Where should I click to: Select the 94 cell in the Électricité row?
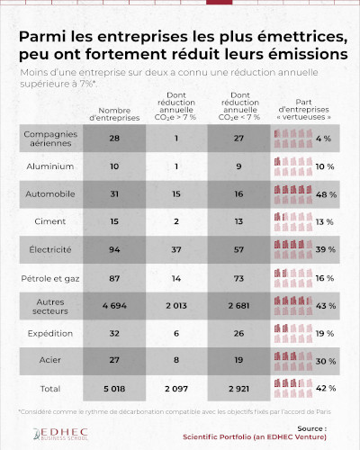click(x=113, y=249)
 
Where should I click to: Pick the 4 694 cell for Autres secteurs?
click(x=113, y=305)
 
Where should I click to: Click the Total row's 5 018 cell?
click(x=113, y=389)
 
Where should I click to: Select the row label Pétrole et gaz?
click(x=49, y=277)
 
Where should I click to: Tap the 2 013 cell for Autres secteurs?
click(x=176, y=305)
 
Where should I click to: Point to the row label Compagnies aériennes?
click(x=49, y=139)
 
